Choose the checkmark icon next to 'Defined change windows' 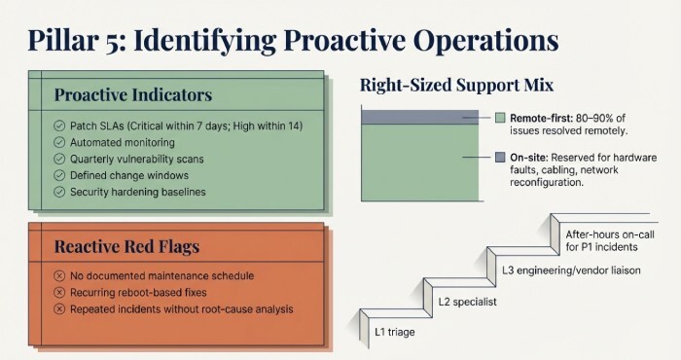click(x=60, y=176)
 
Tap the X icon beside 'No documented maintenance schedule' click(x=60, y=275)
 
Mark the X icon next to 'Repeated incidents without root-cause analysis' click(x=60, y=308)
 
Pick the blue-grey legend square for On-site click(x=500, y=157)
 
